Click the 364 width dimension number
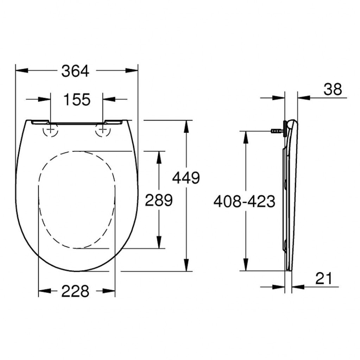pyautogui.click(x=75, y=71)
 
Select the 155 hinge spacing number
pyautogui.click(x=77, y=99)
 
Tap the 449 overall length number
pyautogui.click(x=186, y=178)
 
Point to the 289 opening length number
pyautogui.click(x=159, y=200)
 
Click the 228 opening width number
pyautogui.click(x=75, y=291)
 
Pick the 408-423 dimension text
pyautogui.click(x=244, y=201)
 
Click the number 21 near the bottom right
pyautogui.click(x=324, y=278)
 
